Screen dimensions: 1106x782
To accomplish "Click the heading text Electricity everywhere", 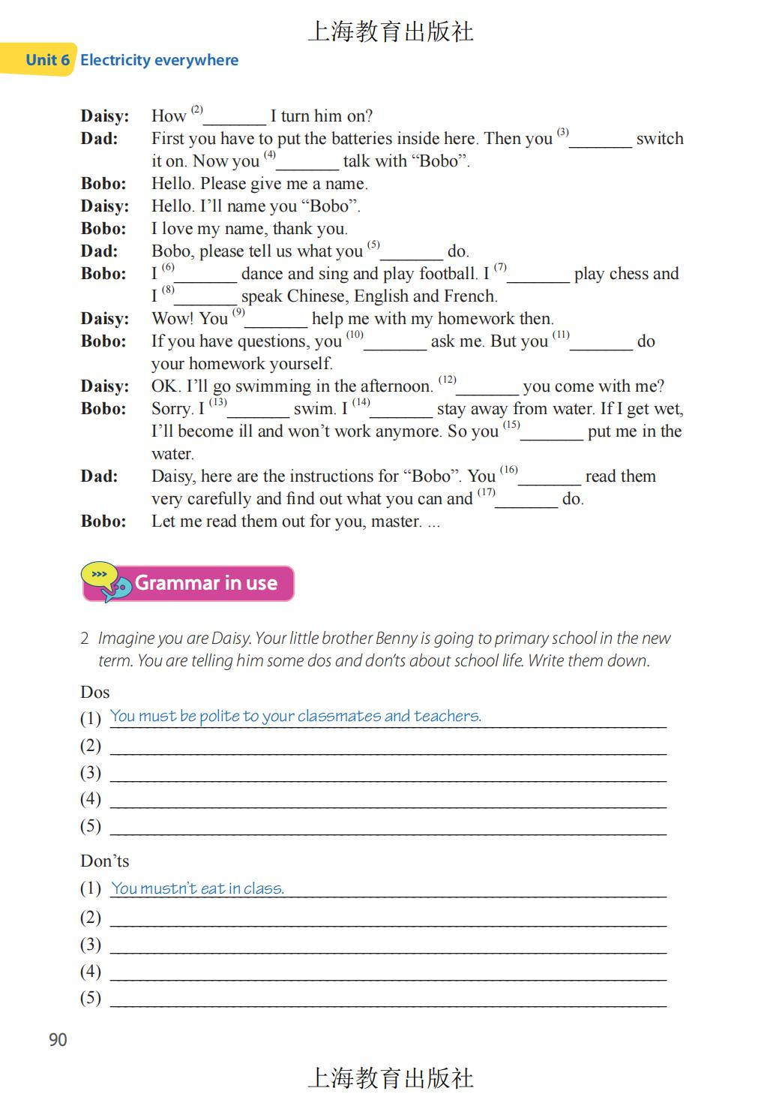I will (159, 60).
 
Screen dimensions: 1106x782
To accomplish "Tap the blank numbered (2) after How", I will (235, 118).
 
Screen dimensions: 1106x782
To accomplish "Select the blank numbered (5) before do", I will (412, 253).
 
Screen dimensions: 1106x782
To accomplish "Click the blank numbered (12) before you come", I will (487, 388).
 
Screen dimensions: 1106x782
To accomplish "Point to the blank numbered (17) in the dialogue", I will (526, 500).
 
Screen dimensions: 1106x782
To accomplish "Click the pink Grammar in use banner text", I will (206, 583).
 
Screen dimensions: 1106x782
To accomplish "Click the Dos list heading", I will (95, 692).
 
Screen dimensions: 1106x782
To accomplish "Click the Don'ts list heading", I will (105, 861).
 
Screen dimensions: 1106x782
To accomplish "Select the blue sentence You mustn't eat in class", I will (197, 888).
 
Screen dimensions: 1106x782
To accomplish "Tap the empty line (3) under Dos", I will (388, 773).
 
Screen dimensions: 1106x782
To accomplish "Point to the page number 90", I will (58, 1039).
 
